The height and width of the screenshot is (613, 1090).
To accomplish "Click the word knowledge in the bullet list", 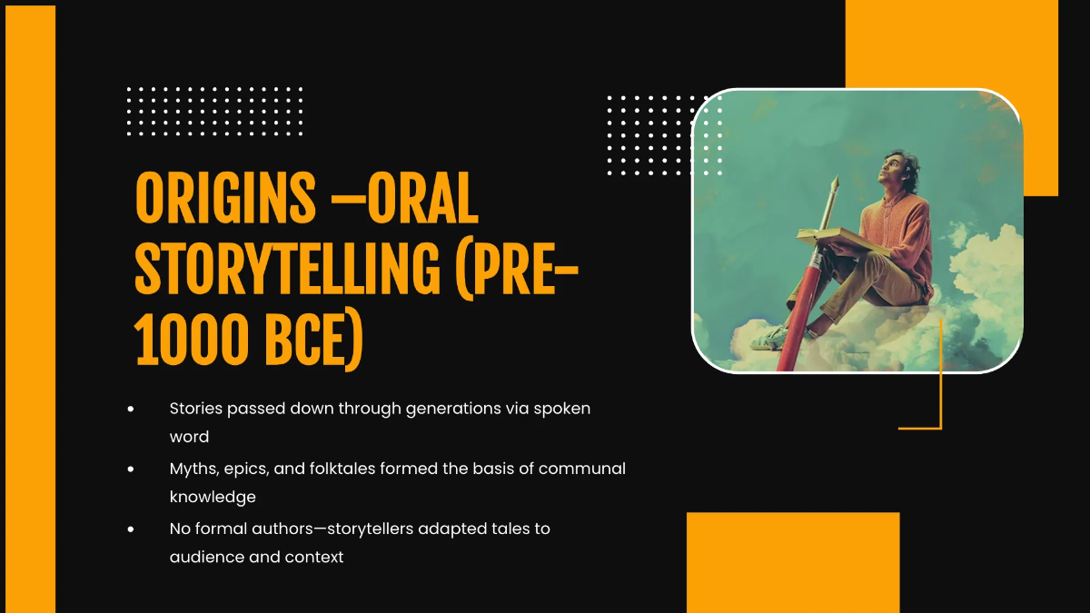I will (x=213, y=497).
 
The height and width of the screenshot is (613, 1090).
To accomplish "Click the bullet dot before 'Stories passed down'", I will (x=132, y=410).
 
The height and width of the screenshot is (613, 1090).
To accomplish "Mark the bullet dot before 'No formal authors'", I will (x=132, y=529).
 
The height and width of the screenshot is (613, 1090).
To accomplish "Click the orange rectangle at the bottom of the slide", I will (x=792, y=562).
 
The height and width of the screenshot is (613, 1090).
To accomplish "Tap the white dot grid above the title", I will (x=214, y=111).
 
